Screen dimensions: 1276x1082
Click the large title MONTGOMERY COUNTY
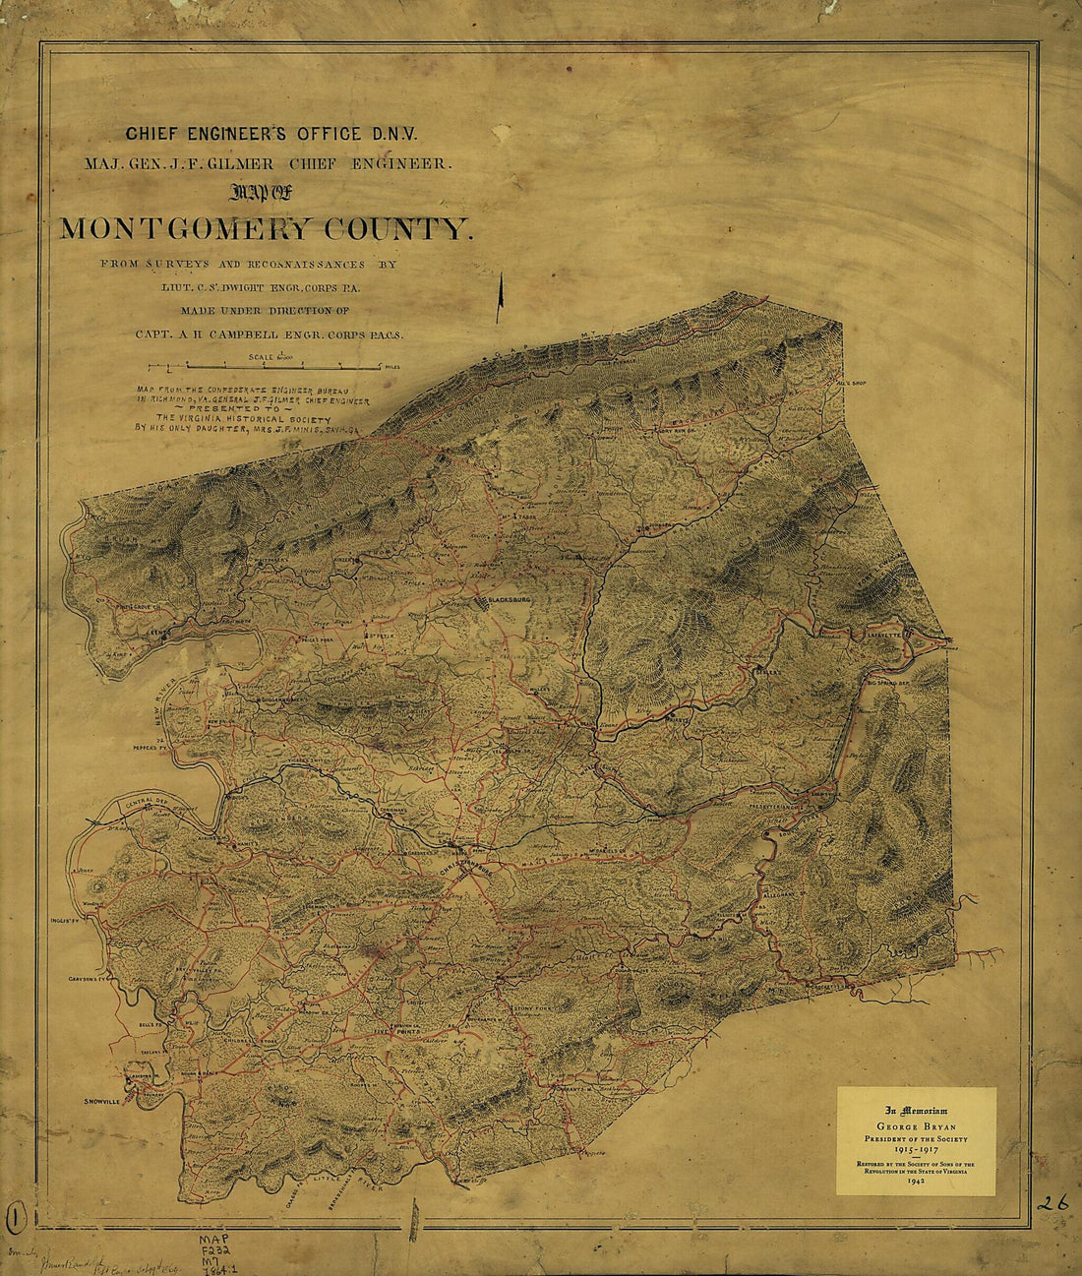point(266,229)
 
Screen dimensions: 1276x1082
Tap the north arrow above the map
point(501,296)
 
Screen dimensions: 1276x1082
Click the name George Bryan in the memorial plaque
point(915,1125)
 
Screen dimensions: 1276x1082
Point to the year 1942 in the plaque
point(915,1181)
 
